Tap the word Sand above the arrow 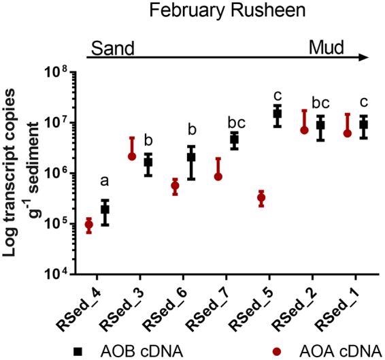click(111, 48)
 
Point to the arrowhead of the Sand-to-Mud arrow click(365, 60)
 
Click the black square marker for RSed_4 click(105, 210)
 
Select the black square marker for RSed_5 click(277, 113)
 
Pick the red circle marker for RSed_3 click(133, 156)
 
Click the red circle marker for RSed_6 click(175, 186)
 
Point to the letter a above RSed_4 click(104, 181)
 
